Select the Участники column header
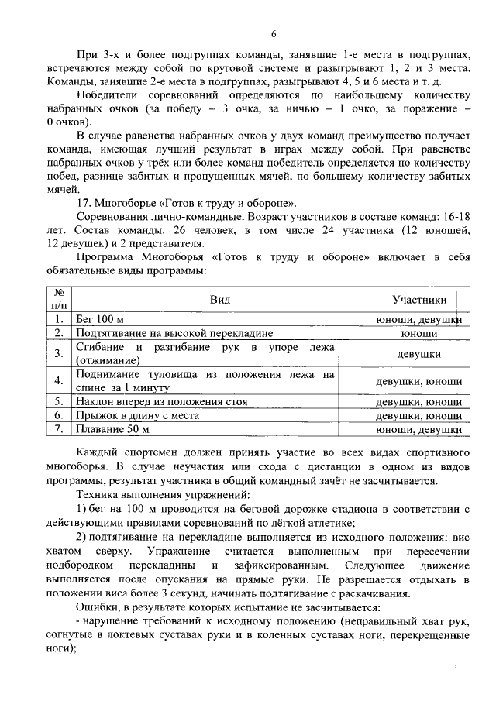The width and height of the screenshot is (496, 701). [419, 300]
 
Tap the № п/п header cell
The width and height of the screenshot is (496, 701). [58, 300]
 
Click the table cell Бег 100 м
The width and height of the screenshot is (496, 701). [100, 319]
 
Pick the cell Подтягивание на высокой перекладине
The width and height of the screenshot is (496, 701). [174, 333]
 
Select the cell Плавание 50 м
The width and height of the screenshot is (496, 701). [112, 429]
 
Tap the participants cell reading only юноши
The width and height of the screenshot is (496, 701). [419, 333]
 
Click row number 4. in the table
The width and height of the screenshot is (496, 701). [58, 381]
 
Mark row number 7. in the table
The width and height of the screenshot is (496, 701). [58, 429]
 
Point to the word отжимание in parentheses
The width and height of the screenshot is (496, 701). [108, 360]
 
